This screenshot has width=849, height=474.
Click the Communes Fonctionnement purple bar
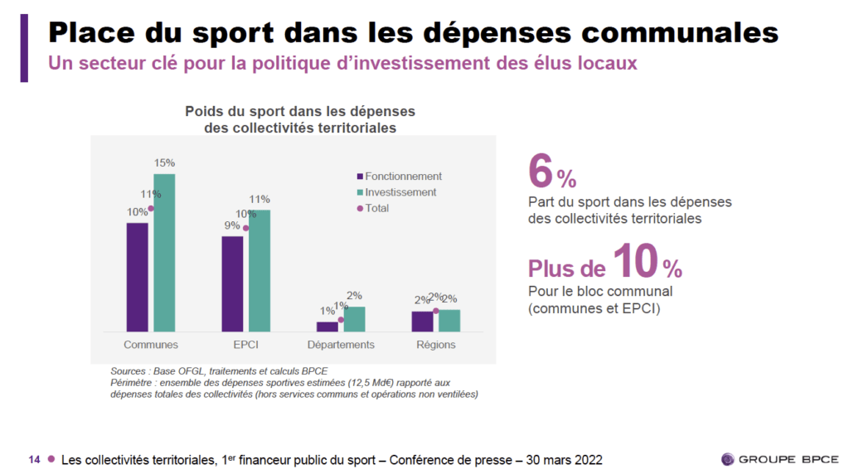(138, 277)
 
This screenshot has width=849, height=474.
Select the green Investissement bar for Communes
(164, 253)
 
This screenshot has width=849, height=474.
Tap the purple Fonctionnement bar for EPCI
(232, 283)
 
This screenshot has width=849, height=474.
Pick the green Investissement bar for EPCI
(260, 270)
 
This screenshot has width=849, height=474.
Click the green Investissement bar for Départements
(355, 319)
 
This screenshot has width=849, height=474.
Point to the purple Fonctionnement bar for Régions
(422, 322)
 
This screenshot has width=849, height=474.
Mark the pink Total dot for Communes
(151, 209)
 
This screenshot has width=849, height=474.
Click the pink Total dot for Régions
(436, 312)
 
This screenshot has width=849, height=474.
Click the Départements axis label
(341, 345)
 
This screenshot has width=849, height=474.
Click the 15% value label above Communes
(164, 163)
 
